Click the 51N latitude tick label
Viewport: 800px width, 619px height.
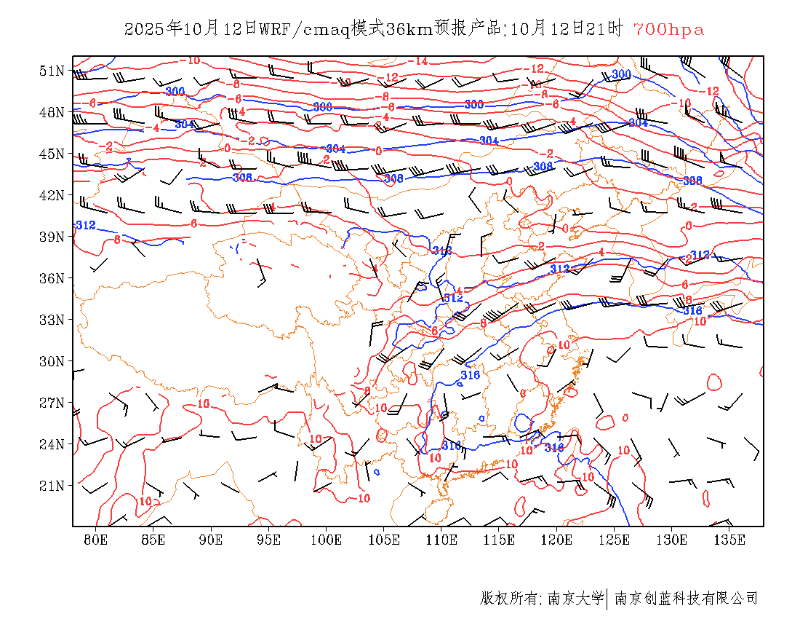[53, 71]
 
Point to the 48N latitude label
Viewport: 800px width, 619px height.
[53, 112]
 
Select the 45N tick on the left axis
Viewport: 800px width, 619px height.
[53, 154]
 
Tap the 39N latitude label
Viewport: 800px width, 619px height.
[53, 237]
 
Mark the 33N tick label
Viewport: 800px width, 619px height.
[53, 320]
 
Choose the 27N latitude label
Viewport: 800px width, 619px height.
[53, 403]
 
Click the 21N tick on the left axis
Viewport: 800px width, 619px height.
[53, 486]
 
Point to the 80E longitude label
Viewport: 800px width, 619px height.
[96, 540]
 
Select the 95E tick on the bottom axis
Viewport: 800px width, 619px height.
[269, 540]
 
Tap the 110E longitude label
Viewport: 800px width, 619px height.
[441, 540]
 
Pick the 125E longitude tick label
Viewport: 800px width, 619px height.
[615, 540]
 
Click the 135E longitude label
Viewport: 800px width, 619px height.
[729, 540]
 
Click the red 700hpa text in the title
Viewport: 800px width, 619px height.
[668, 30]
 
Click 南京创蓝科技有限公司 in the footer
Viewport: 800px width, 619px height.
[686, 599]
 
